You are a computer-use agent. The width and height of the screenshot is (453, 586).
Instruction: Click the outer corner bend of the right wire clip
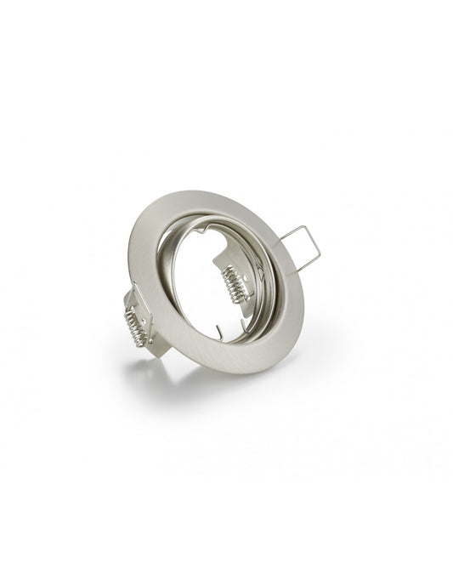(x=320, y=254)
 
